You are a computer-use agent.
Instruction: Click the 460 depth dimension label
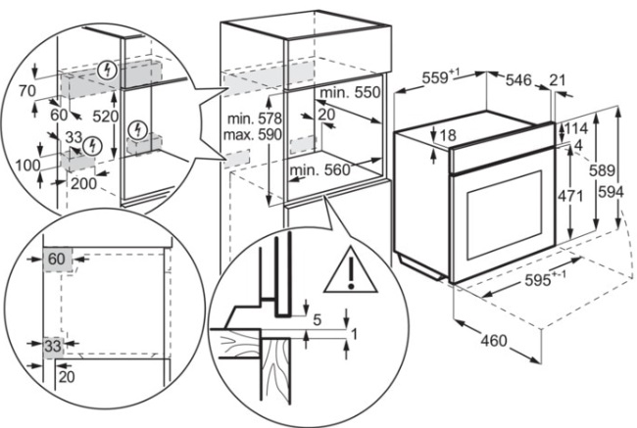[x=494, y=340]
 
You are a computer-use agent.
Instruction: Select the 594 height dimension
[x=611, y=192]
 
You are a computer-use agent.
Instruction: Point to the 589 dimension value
[x=602, y=170]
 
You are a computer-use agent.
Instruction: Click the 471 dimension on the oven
[x=570, y=196]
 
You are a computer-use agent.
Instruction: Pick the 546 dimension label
[x=518, y=80]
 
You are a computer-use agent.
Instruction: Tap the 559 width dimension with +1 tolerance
[x=440, y=76]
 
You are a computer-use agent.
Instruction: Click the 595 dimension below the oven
[x=545, y=278]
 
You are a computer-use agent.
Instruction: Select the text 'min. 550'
[x=350, y=92]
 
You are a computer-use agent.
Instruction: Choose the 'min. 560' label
[x=319, y=169]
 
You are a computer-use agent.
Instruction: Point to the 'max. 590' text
[x=252, y=134]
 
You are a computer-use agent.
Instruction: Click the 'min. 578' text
[x=255, y=119]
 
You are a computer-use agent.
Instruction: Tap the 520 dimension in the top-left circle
[x=105, y=117]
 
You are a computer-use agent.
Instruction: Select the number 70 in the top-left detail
[x=27, y=90]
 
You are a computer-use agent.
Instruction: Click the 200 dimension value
[x=83, y=183]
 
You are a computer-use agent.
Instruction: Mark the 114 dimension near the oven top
[x=576, y=128]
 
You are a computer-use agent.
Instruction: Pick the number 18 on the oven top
[x=448, y=135]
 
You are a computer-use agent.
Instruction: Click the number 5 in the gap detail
[x=318, y=319]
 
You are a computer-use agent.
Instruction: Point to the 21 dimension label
[x=558, y=80]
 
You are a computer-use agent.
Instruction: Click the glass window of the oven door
[x=504, y=214]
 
